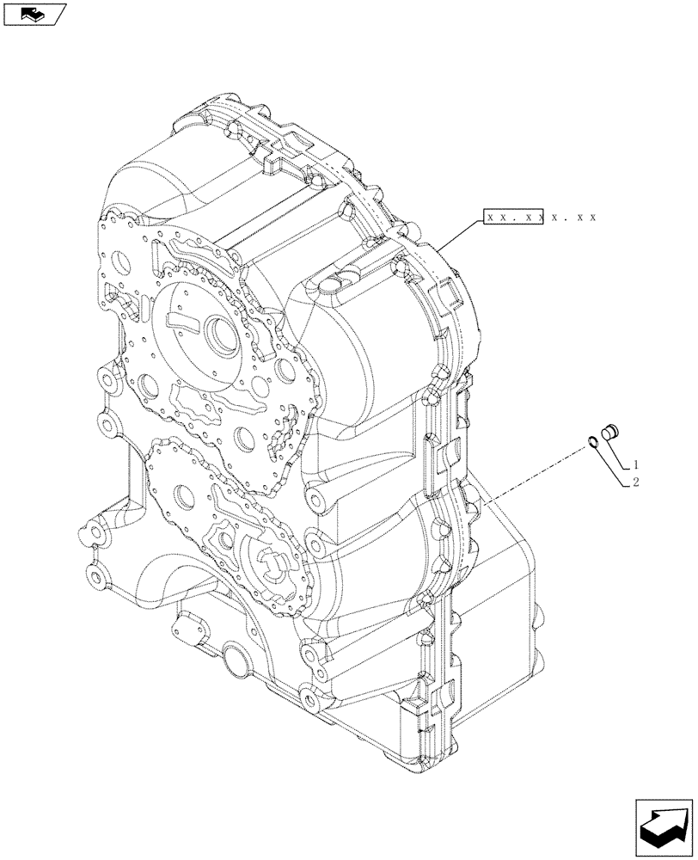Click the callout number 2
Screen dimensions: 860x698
636,482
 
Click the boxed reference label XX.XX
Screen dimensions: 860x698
514,218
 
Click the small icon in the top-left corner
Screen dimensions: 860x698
34,14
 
